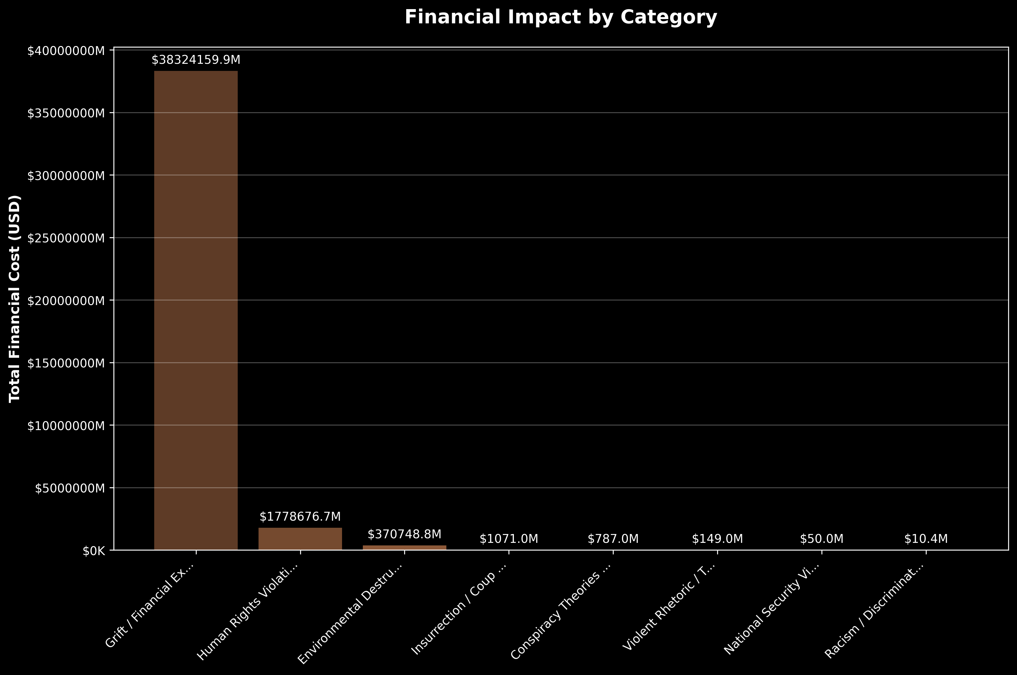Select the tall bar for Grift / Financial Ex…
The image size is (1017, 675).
click(196, 310)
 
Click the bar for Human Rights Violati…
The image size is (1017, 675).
click(300, 539)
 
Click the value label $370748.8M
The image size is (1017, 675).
click(404, 534)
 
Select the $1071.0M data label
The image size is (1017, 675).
click(509, 539)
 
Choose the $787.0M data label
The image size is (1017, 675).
click(613, 539)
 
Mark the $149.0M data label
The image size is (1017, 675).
click(717, 539)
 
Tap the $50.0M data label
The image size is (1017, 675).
click(821, 539)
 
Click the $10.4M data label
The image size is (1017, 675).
click(926, 539)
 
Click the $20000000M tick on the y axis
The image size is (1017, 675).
click(66, 300)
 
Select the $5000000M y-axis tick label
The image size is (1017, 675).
click(70, 488)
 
